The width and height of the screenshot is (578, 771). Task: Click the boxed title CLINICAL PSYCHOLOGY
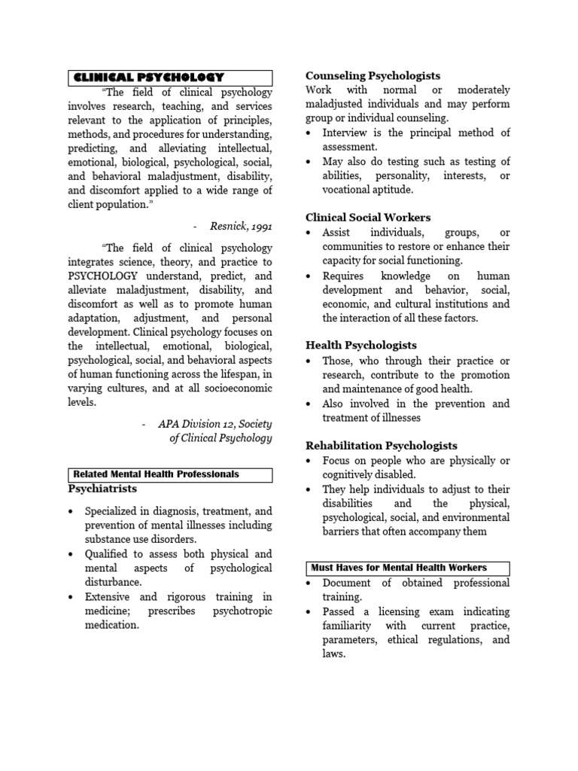(x=148, y=77)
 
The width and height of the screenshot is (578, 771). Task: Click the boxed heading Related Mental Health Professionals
(x=156, y=474)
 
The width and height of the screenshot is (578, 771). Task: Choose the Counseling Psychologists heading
(x=373, y=75)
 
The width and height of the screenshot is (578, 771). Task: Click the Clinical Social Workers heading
(x=368, y=218)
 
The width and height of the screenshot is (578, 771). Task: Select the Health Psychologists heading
(x=360, y=346)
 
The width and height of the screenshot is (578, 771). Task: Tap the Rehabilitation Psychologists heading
(x=381, y=446)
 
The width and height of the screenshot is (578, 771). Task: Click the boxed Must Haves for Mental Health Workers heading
(x=399, y=568)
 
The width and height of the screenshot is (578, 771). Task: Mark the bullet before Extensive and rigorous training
(x=71, y=597)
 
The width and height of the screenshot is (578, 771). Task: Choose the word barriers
(x=343, y=532)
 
